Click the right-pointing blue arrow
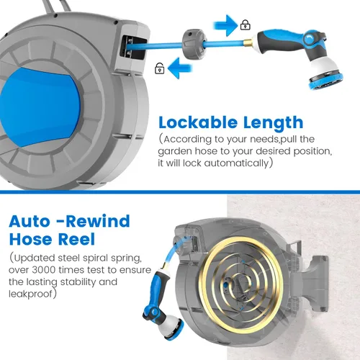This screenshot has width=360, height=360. tap(225, 25)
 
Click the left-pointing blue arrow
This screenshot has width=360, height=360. tap(180, 68)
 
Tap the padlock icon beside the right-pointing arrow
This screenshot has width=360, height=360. tap(246, 24)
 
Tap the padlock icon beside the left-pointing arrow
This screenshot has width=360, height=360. tap(160, 68)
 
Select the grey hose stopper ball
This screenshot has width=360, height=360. tap(194, 44)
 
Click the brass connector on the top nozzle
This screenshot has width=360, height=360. tap(250, 42)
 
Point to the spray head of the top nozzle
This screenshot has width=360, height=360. tap(325, 78)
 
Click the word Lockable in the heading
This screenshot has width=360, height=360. tap(198, 122)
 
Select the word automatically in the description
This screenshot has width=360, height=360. tap(236, 163)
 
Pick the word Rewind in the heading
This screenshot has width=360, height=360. tap(98, 221)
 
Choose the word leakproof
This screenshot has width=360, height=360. tap(30, 294)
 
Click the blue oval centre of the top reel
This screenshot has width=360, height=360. tap(40, 107)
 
